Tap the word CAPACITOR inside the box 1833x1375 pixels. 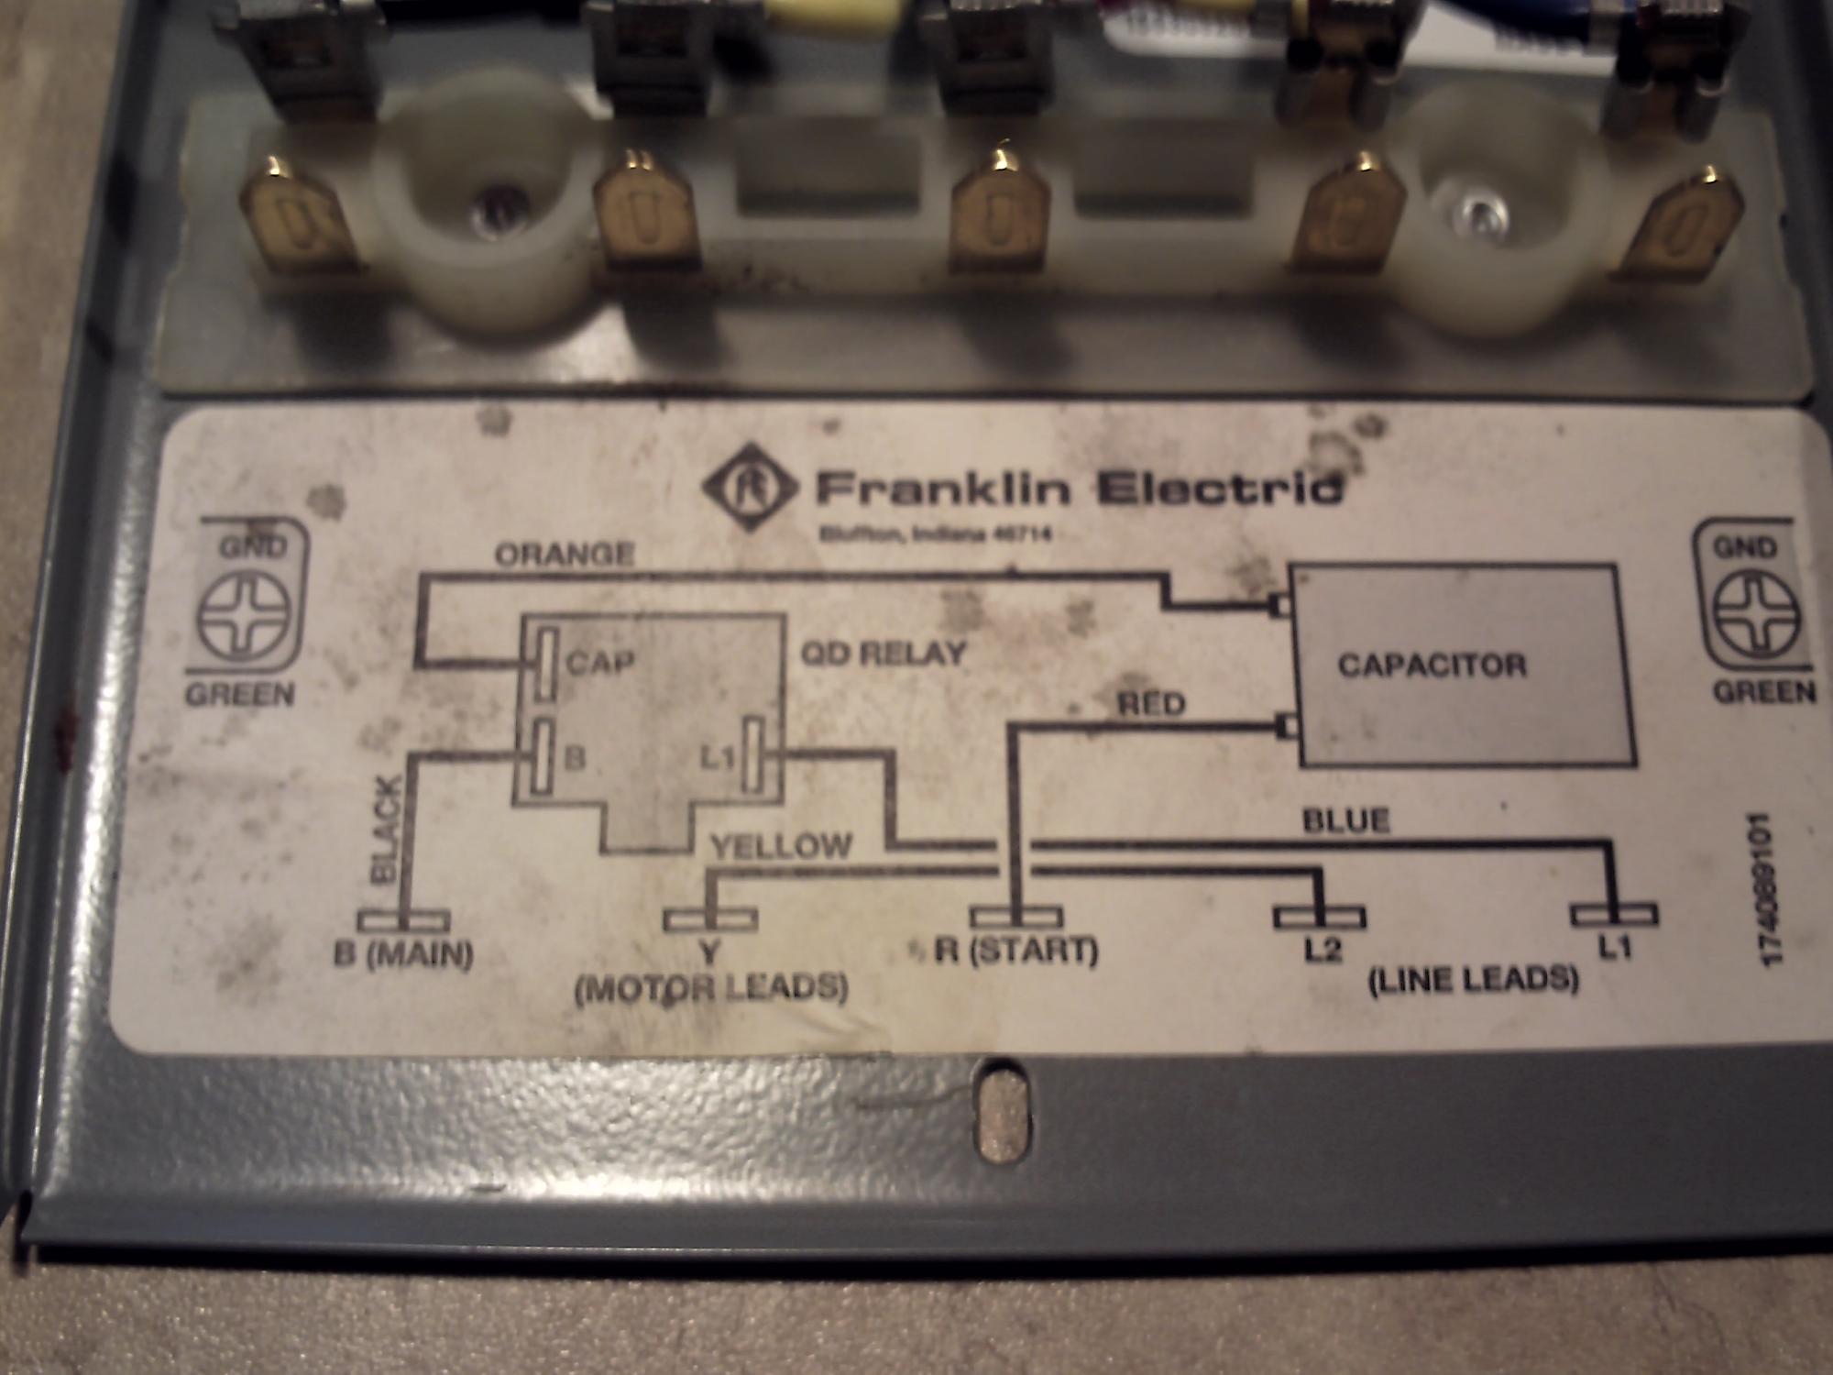tap(1432, 665)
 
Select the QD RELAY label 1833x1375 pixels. tap(884, 654)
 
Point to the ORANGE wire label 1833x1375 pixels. tap(565, 555)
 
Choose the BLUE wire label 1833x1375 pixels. tap(1346, 819)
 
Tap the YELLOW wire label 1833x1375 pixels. tap(782, 845)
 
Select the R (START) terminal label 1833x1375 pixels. tap(1015, 951)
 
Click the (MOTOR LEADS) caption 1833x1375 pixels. tap(710, 988)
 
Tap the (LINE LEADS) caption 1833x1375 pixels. tap(1473, 980)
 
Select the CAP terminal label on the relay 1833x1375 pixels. tap(600, 662)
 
